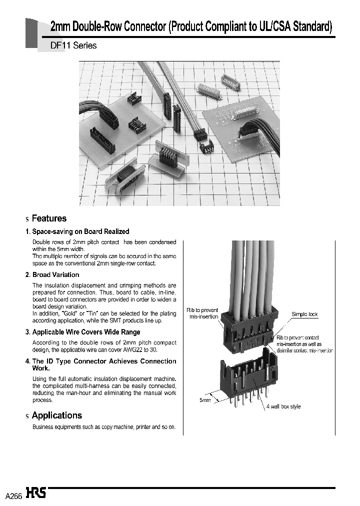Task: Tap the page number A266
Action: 13,495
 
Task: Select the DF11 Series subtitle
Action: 73,45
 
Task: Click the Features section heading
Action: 48,218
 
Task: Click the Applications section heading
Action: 56,415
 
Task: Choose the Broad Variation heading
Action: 55,274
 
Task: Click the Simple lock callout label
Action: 304,314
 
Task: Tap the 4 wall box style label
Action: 283,406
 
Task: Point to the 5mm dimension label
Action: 205,400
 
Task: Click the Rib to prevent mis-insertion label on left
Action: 203,313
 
